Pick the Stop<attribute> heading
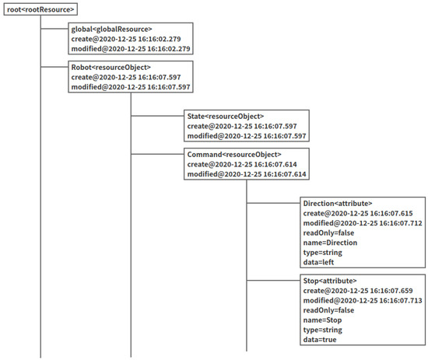[328, 280]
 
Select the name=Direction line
[330, 243]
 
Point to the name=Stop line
[322, 320]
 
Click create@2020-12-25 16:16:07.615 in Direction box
[358, 213]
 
